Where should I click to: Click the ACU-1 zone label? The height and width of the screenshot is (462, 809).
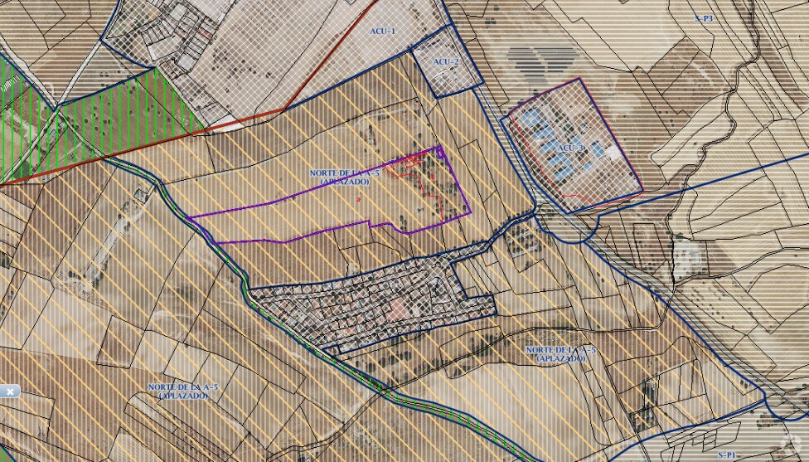382,31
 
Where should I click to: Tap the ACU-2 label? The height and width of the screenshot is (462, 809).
446,62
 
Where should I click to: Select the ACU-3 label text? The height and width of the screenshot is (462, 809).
571,148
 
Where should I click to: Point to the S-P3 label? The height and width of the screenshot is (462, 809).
704,17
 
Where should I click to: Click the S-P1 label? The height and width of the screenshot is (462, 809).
727,455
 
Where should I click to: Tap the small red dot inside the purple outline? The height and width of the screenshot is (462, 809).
359,199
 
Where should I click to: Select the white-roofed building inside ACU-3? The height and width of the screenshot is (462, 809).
613,153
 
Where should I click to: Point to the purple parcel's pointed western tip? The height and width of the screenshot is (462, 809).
189,217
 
